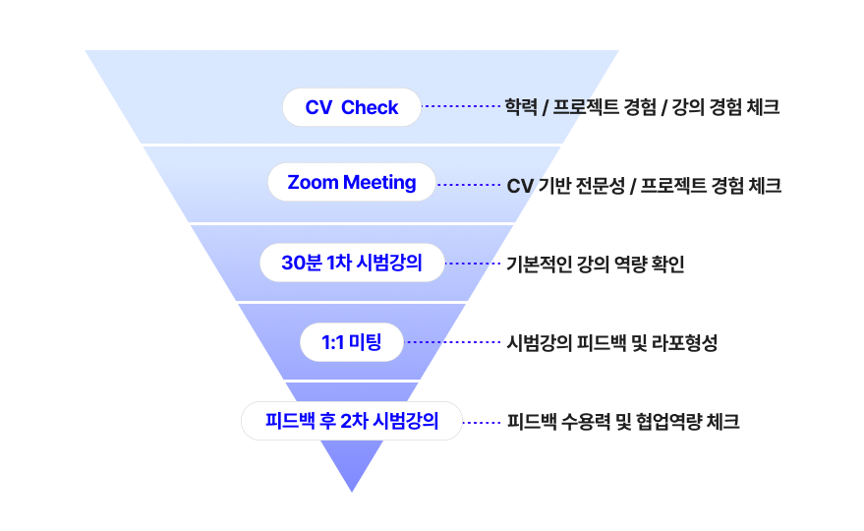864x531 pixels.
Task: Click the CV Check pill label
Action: click(x=352, y=107)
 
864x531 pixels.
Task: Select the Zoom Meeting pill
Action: click(x=352, y=183)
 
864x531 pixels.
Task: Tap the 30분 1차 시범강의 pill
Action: click(x=352, y=263)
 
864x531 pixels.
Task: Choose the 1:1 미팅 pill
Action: click(x=352, y=342)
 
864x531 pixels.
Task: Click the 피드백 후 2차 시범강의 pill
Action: click(x=352, y=421)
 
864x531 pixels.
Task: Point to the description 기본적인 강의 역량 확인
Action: click(x=595, y=264)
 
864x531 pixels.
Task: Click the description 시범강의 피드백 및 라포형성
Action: click(x=611, y=343)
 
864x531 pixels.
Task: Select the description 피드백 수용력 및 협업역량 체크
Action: click(x=623, y=422)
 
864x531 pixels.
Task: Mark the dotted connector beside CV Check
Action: click(x=461, y=106)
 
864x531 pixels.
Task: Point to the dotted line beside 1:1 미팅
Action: click(x=453, y=342)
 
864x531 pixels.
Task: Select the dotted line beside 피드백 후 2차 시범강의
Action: click(x=483, y=422)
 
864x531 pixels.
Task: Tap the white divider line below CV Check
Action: click(x=352, y=145)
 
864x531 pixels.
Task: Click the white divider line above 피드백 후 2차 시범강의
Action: click(x=352, y=381)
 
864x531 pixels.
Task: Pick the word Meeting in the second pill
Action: click(x=380, y=183)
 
